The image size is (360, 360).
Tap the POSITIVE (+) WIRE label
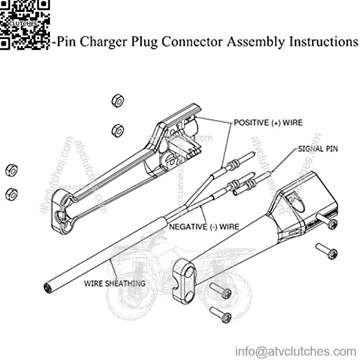tap(268, 122)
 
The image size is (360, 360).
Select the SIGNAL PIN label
tap(318, 148)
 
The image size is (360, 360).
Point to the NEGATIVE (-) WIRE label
tap(204, 226)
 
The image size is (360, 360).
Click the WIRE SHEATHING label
tap(115, 283)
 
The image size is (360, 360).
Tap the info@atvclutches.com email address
tap(296, 351)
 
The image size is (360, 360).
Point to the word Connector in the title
tap(192, 42)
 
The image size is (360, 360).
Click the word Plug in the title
tap(145, 42)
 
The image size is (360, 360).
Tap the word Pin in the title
tap(67, 42)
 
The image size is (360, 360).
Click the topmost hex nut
tap(118, 101)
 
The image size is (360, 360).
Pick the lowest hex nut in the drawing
tap(11, 194)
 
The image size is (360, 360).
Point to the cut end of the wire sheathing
tap(47, 287)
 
